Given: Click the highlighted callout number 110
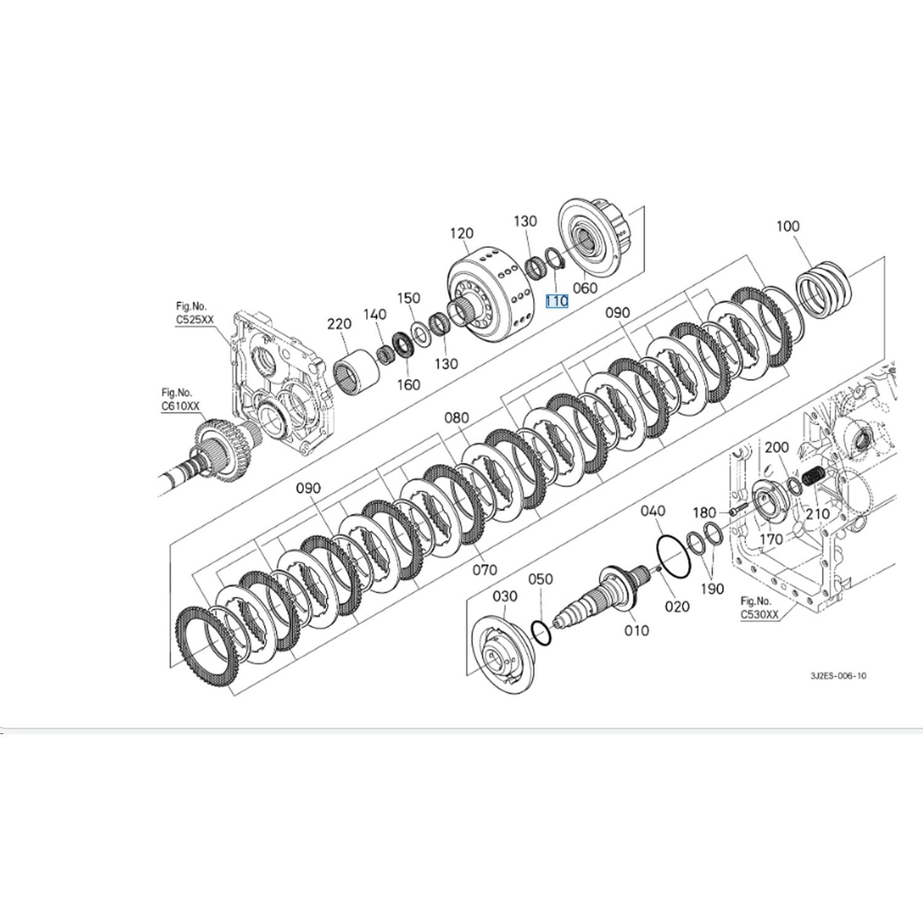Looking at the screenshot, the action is (556, 300).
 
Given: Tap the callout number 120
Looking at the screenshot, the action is (461, 233).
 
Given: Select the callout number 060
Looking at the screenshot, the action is (585, 287).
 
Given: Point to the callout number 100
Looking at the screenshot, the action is (788, 226).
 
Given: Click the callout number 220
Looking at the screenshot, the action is (339, 324).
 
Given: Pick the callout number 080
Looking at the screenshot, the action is (457, 418).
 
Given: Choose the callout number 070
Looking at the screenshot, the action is (485, 570).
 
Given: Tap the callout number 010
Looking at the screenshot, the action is (636, 630).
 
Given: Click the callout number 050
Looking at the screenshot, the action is (540, 579).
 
